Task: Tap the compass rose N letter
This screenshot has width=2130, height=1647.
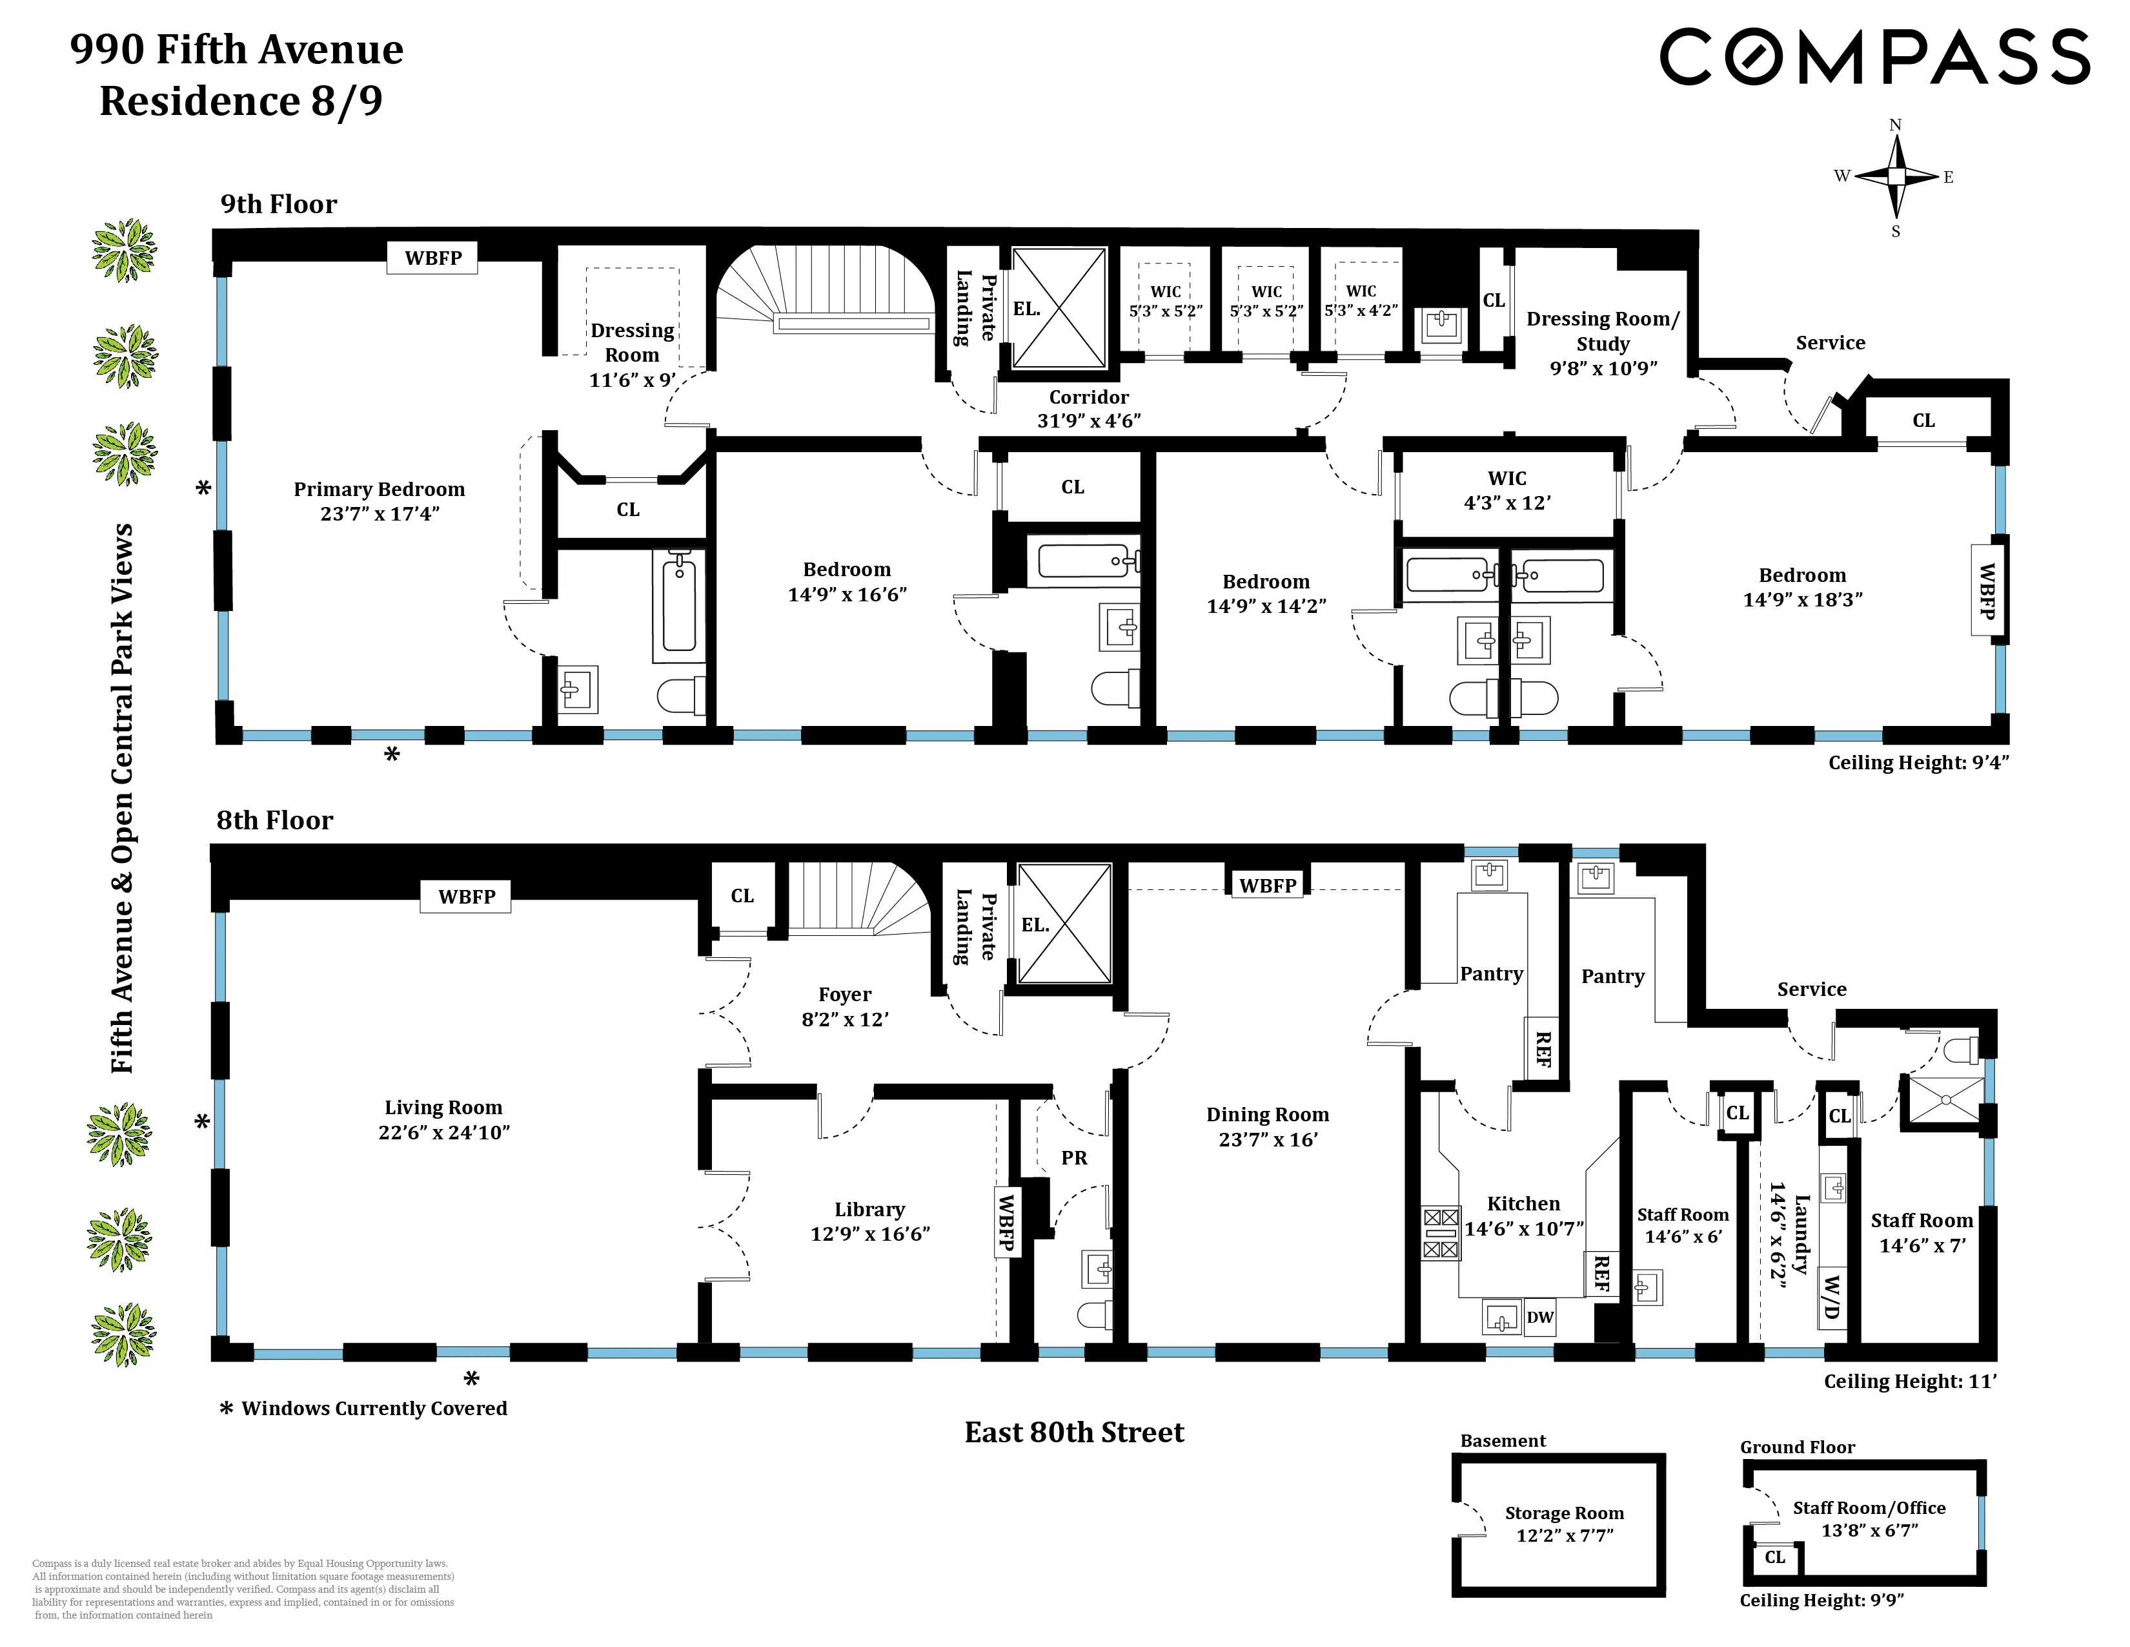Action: pyautogui.click(x=1895, y=125)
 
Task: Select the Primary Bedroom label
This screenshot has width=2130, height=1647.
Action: pyautogui.click(x=380, y=490)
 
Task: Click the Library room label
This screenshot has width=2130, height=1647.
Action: pyautogui.click(x=869, y=1210)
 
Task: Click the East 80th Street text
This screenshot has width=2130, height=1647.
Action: pyautogui.click(x=1074, y=1433)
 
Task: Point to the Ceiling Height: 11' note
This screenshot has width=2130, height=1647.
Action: pyautogui.click(x=1910, y=1382)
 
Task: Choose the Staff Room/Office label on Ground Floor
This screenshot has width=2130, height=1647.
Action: pyautogui.click(x=1869, y=1508)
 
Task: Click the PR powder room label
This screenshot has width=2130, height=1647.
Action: pyautogui.click(x=1074, y=1158)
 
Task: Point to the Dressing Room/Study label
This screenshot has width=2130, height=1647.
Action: pyautogui.click(x=1603, y=331)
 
